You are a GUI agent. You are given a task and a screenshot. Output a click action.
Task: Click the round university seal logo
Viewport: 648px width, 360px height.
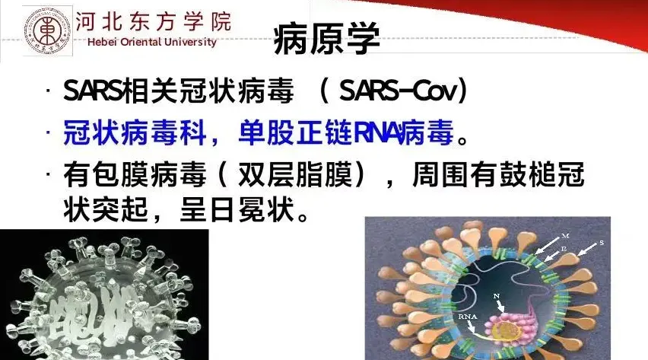pos(47,31)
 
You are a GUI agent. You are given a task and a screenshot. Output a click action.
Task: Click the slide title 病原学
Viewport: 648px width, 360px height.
pos(326,39)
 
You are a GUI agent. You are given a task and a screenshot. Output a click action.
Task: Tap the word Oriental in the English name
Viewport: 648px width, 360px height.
pos(141,42)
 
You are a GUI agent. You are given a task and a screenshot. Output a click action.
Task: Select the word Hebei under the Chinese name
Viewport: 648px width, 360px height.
pos(103,42)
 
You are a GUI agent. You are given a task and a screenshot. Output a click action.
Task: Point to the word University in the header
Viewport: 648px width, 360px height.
pos(190,42)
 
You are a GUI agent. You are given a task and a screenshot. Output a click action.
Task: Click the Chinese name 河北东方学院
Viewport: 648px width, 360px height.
pos(154,21)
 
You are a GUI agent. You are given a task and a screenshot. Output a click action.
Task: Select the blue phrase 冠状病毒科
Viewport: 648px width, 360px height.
pos(135,133)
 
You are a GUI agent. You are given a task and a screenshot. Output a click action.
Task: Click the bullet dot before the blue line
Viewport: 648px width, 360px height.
pos(49,132)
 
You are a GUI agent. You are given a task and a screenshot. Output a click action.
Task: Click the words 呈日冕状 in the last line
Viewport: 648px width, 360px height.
pos(239,209)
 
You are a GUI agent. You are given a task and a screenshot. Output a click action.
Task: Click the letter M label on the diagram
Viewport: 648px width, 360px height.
pos(565,236)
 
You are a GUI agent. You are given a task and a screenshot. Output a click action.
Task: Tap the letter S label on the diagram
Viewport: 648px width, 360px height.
pos(602,243)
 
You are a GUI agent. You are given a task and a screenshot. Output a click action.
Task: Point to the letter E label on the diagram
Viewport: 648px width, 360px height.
pos(564,249)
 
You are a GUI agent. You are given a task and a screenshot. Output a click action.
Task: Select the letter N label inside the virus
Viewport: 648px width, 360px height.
pos(497,296)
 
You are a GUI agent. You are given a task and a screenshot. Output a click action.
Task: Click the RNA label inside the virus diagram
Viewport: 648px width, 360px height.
pos(468,317)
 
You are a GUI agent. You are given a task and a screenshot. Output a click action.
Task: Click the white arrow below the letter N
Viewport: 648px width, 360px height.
pos(500,306)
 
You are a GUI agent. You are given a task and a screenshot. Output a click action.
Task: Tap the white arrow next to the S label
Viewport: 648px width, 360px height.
pos(587,250)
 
